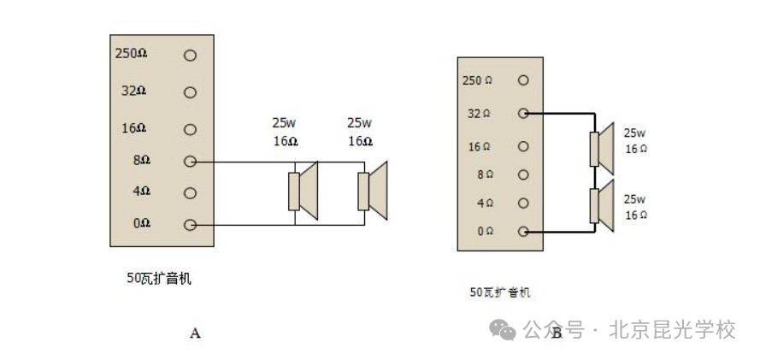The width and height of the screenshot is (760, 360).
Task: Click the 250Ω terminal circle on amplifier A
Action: click(190, 56)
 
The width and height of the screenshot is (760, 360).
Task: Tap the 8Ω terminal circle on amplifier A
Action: click(190, 162)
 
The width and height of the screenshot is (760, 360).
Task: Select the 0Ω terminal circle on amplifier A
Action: click(190, 225)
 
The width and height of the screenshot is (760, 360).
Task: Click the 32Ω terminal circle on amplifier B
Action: click(523, 114)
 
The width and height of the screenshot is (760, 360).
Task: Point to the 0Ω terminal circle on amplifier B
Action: click(523, 232)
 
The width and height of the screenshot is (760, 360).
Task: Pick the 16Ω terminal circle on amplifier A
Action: click(190, 129)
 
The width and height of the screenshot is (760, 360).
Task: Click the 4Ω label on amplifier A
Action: click(142, 192)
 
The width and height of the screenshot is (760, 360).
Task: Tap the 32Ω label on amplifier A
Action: click(133, 91)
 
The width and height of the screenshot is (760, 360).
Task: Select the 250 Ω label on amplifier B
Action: click(477, 80)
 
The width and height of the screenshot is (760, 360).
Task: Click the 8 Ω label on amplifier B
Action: click(486, 175)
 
